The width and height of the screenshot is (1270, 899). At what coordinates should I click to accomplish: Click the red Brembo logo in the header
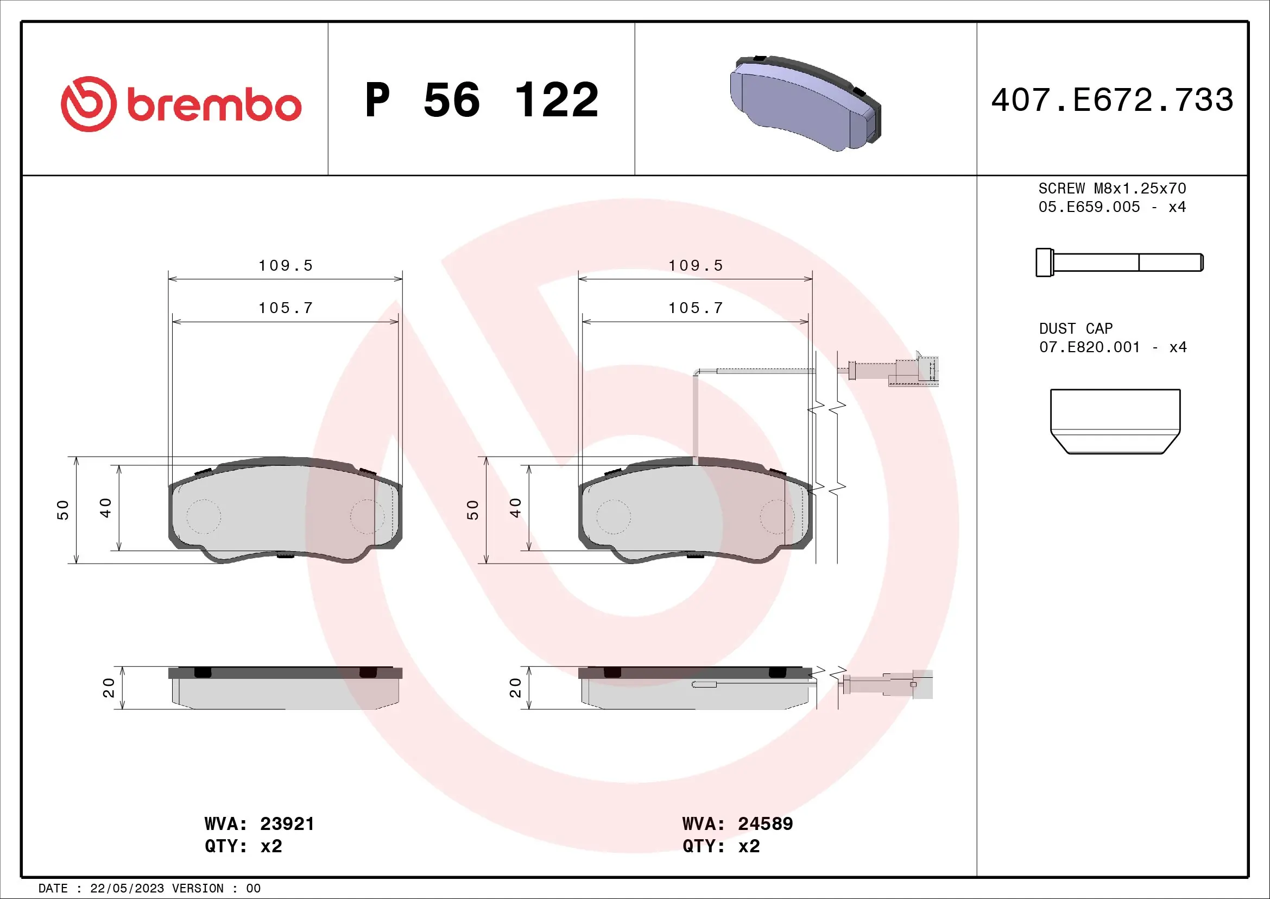click(181, 104)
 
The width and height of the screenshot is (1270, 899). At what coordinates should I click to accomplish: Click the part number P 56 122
click(481, 100)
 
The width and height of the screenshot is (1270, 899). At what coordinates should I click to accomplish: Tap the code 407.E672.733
click(1112, 100)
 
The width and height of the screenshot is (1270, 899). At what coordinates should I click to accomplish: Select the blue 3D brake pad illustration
click(805, 103)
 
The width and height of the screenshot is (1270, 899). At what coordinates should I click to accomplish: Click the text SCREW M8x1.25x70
click(1112, 188)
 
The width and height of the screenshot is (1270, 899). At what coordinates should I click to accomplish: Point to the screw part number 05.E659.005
click(1089, 207)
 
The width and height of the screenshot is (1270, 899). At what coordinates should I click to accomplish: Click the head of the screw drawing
click(1044, 263)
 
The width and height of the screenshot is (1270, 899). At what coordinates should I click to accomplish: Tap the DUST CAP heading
click(1075, 329)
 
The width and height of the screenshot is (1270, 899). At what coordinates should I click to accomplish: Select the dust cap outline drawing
click(1115, 421)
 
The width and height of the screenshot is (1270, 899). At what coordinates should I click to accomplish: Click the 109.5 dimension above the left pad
click(286, 266)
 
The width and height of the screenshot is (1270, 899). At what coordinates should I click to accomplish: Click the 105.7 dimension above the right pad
click(696, 308)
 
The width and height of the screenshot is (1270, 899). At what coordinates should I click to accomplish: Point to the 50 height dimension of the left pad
click(63, 509)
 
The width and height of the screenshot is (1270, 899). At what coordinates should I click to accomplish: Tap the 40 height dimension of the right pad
click(515, 507)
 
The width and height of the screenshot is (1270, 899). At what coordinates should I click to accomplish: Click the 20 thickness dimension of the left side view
click(109, 688)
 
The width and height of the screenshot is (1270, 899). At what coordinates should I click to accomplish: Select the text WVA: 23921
click(259, 823)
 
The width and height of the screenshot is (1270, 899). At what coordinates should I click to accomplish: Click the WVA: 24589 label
click(737, 823)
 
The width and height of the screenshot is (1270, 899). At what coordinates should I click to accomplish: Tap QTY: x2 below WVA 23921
click(243, 846)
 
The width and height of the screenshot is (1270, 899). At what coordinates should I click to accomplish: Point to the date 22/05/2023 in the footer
click(127, 889)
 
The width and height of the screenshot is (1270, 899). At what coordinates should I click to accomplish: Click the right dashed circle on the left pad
click(367, 516)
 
